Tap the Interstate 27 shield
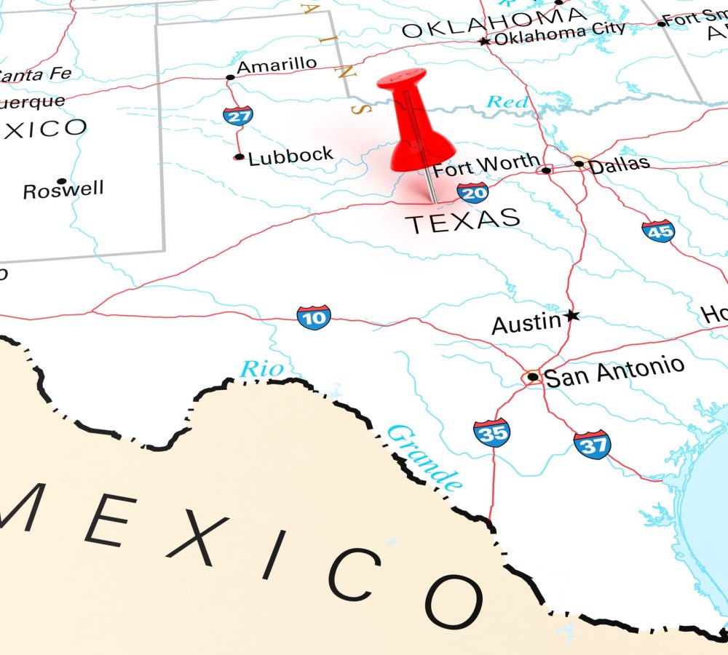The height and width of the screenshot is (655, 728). (238, 115)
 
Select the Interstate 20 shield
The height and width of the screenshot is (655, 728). (473, 192)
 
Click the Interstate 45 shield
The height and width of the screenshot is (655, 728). (658, 231)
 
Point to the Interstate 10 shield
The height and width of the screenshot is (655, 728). (314, 317)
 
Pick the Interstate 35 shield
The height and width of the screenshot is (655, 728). (491, 432)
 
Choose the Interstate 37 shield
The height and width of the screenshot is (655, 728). (592, 444)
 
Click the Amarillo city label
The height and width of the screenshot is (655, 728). (277, 65)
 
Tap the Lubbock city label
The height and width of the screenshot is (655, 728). (290, 156)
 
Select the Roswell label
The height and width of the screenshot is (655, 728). (63, 191)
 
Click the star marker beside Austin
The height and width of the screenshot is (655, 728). (572, 315)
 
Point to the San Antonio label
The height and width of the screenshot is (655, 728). (614, 372)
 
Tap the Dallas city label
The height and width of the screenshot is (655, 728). (619, 165)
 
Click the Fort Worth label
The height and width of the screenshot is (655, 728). (486, 166)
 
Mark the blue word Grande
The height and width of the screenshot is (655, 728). (424, 456)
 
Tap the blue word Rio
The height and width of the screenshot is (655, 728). (261, 370)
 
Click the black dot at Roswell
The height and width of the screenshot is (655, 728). (62, 180)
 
